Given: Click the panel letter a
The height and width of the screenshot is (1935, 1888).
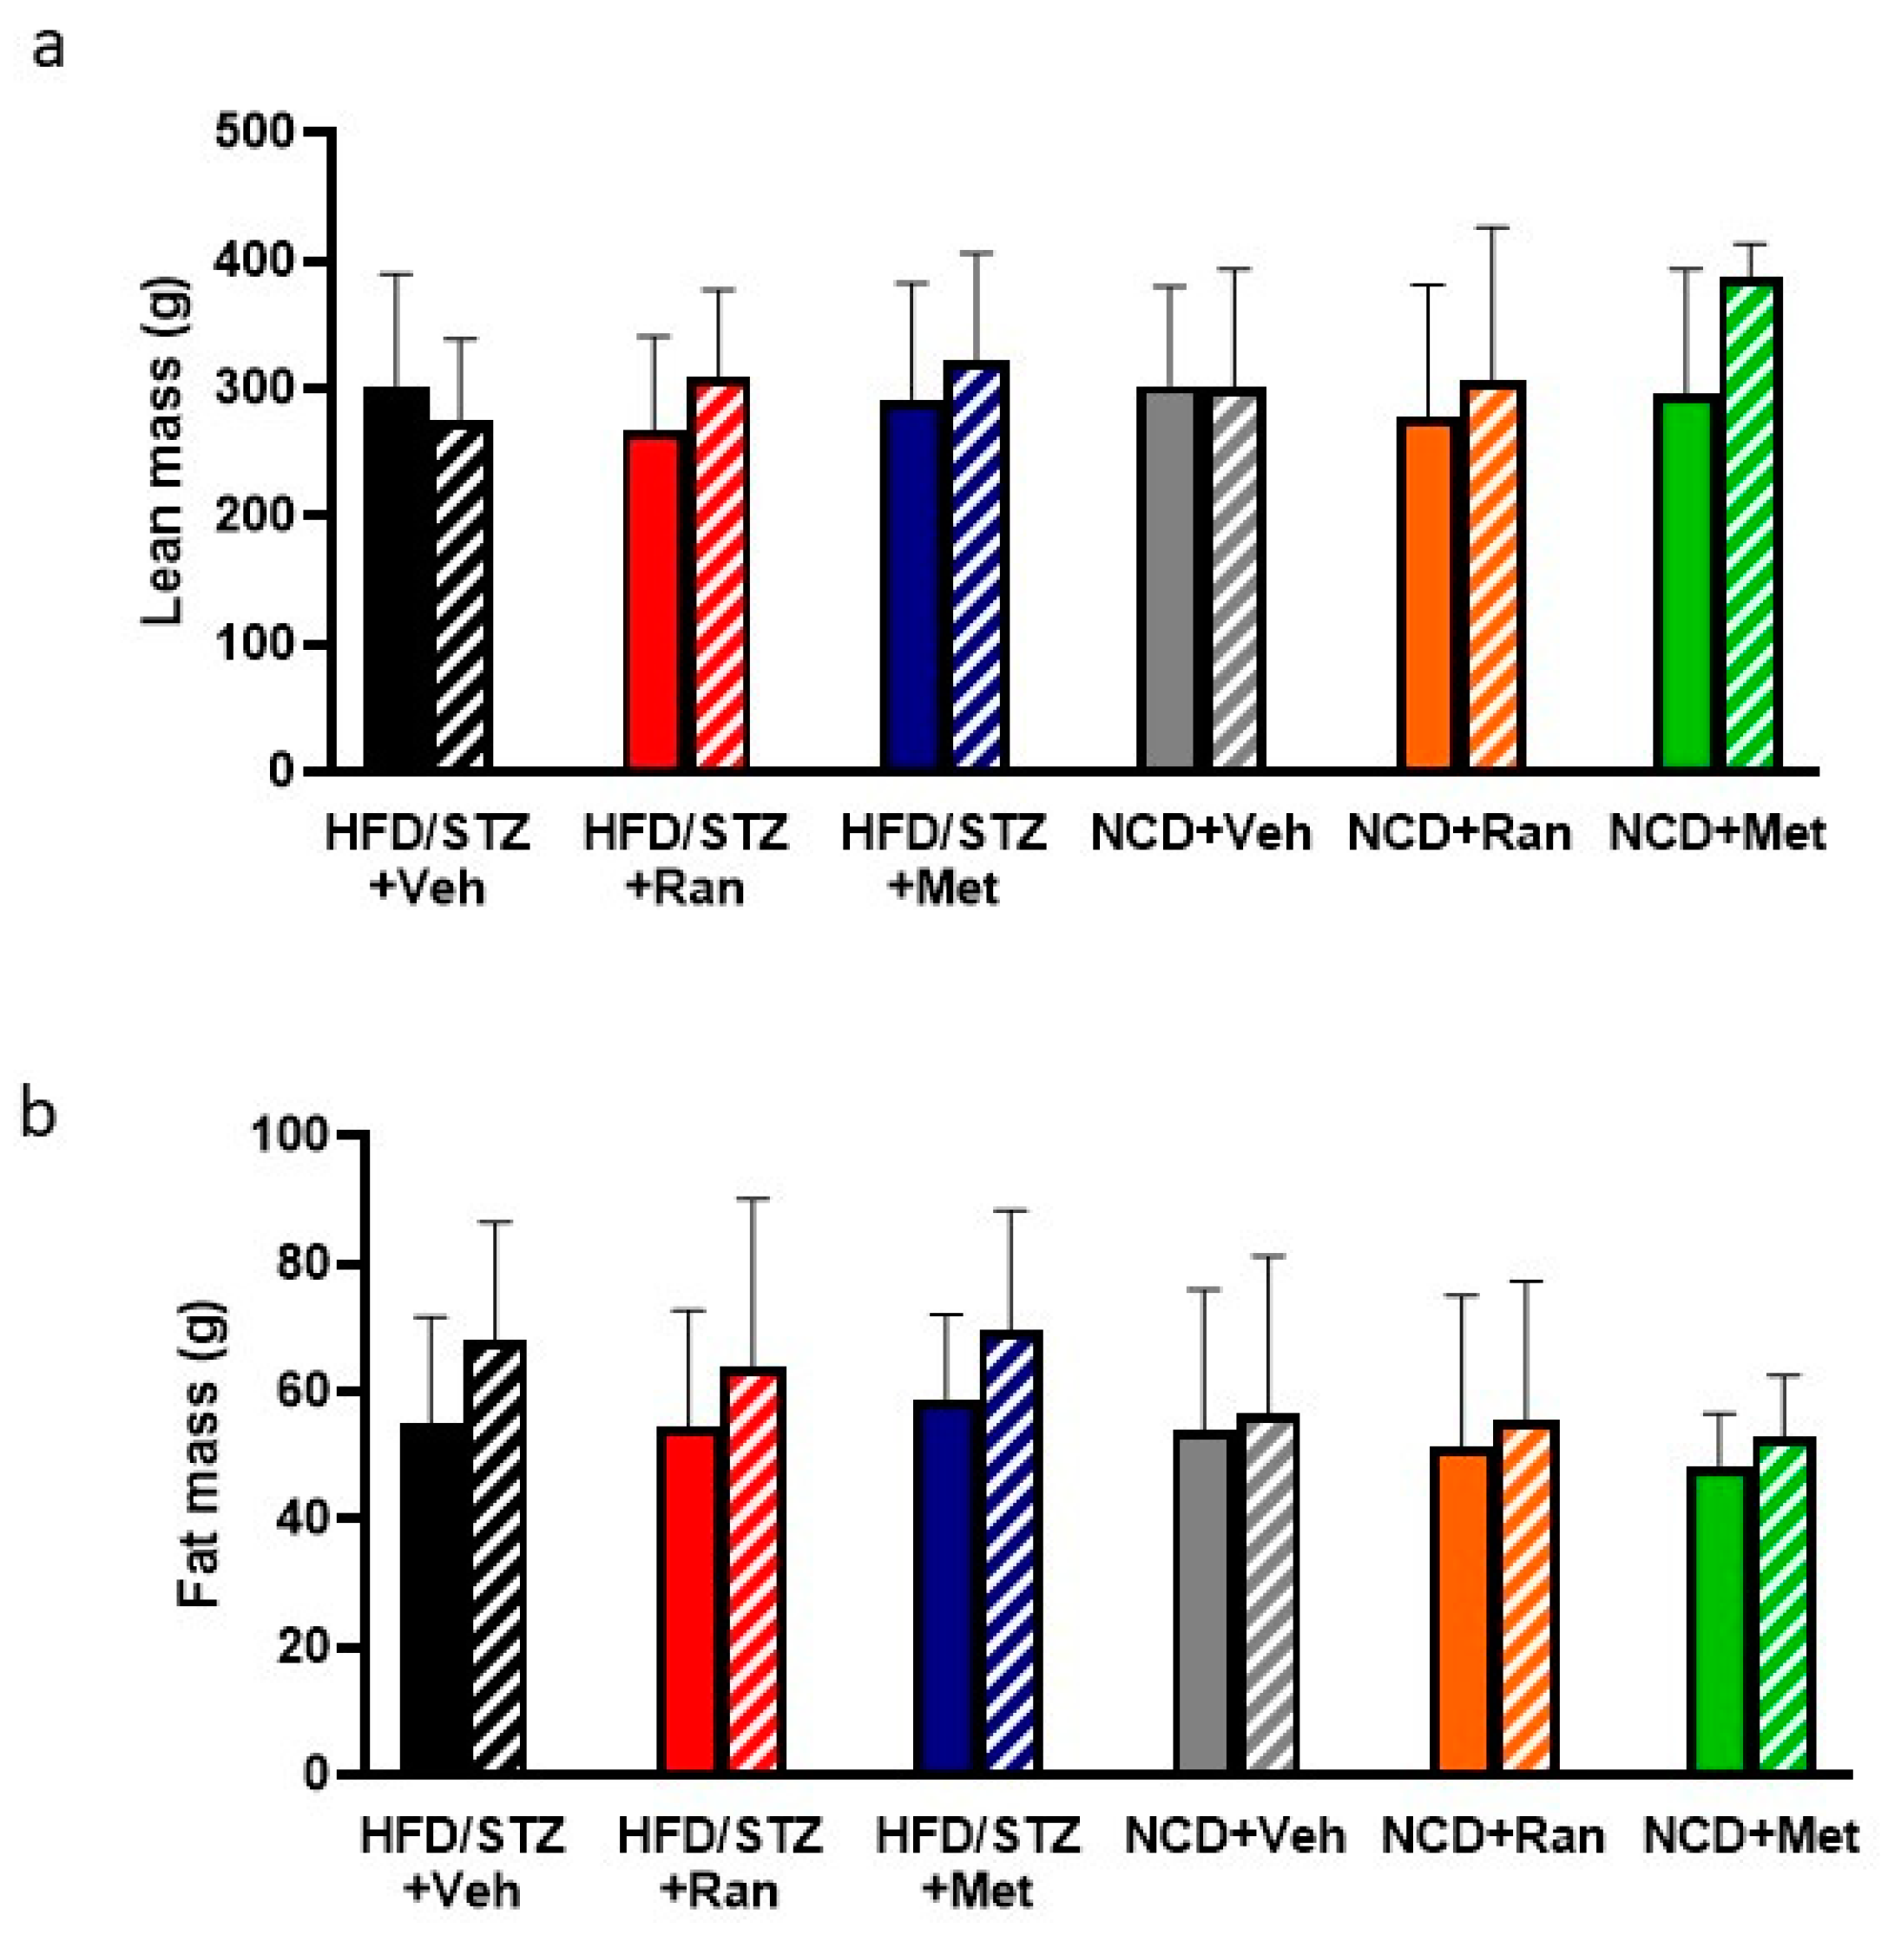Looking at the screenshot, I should pyautogui.click(x=48, y=47).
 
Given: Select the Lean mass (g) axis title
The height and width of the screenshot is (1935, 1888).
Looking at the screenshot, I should pyautogui.click(x=161, y=451).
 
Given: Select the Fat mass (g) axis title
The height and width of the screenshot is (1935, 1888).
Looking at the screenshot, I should pyautogui.click(x=201, y=1453).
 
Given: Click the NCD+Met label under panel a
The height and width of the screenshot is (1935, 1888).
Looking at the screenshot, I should pyautogui.click(x=1716, y=834).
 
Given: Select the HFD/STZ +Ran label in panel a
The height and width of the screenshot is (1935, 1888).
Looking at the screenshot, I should pyautogui.click(x=685, y=858).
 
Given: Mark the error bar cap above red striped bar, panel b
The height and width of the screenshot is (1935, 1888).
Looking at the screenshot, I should pyautogui.click(x=753, y=1198).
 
